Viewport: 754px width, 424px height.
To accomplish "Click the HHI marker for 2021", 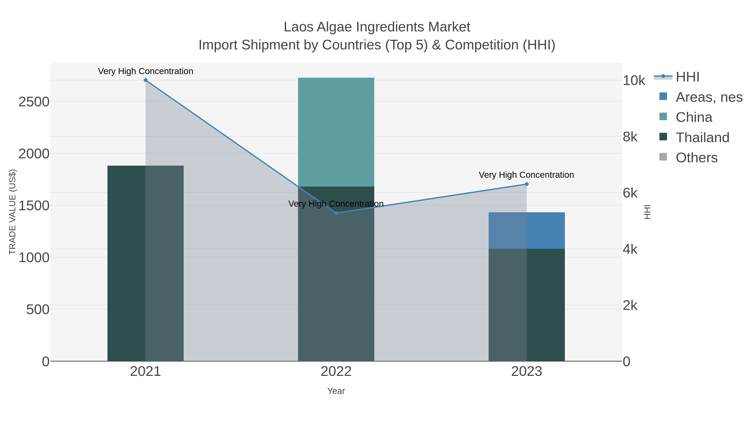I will [146, 80].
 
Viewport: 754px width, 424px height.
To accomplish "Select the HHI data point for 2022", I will [336, 213].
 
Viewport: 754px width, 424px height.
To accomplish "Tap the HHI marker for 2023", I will [527, 184].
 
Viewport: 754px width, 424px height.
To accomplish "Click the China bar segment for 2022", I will [336, 132].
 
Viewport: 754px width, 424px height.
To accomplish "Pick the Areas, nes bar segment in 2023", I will [527, 231].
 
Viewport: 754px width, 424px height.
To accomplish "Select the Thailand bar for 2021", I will [146, 263].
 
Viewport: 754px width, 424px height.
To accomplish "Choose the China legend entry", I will [693, 117].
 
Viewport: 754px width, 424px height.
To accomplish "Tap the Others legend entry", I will [696, 158].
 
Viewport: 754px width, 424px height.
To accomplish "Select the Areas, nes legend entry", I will [709, 97].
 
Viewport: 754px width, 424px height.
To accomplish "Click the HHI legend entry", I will [687, 77].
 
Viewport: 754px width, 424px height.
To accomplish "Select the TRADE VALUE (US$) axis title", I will [12, 212].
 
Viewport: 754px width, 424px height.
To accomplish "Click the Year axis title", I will [336, 391].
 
